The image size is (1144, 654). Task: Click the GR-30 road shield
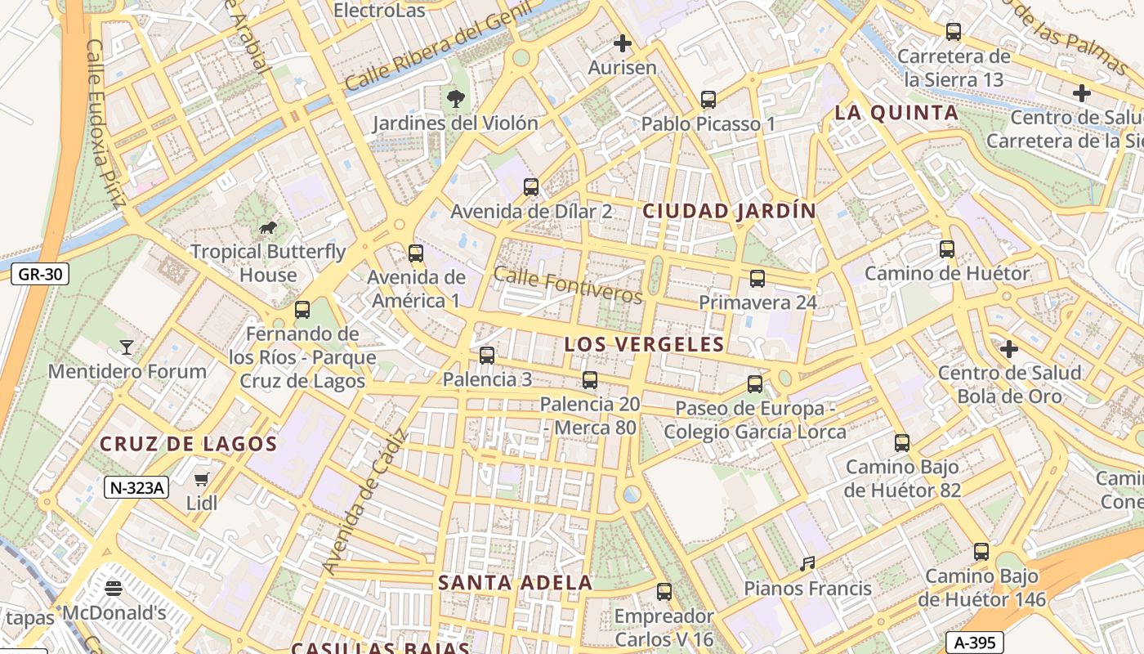pos(40,274)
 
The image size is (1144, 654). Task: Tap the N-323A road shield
pos(136,488)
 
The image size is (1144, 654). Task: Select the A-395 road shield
pos(975,643)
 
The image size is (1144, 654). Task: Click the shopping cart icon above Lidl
pos(202,479)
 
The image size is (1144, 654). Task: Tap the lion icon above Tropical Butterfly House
pos(268,227)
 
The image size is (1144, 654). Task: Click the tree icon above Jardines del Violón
pos(455,100)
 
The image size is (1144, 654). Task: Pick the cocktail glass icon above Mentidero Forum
pos(127,347)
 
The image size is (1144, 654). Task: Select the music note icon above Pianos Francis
pos(807,564)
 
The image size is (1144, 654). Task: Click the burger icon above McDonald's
pos(114,588)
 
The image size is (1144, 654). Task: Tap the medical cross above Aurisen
pos(623,43)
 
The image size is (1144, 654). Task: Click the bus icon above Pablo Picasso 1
pos(708,100)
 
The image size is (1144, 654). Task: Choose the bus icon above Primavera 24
pos(757,279)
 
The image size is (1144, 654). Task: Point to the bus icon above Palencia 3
pos(487,356)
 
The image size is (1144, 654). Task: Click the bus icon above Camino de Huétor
pos(947,249)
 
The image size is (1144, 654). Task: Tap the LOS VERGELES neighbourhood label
pos(644,344)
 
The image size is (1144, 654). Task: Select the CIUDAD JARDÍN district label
pos(729,211)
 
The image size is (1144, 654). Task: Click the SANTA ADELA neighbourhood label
pos(515,583)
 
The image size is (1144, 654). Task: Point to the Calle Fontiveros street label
pos(568,285)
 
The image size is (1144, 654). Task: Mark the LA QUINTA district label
pos(896,113)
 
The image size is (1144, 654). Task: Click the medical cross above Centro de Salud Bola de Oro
pos(1009,349)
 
